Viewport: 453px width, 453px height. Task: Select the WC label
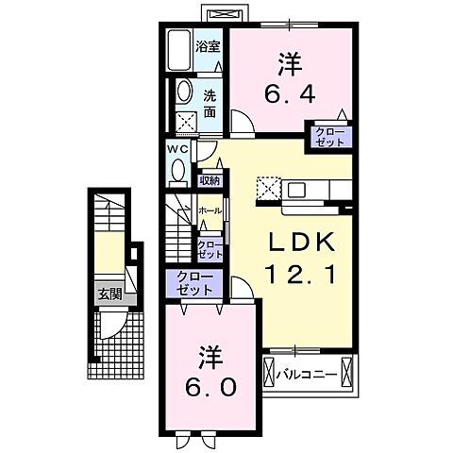coord(178,148)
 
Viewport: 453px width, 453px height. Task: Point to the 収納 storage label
coord(210,180)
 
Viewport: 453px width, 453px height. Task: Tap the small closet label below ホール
coord(210,247)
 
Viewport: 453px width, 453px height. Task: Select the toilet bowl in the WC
coord(179,170)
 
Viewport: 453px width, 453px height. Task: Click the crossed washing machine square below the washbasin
coord(186,121)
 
